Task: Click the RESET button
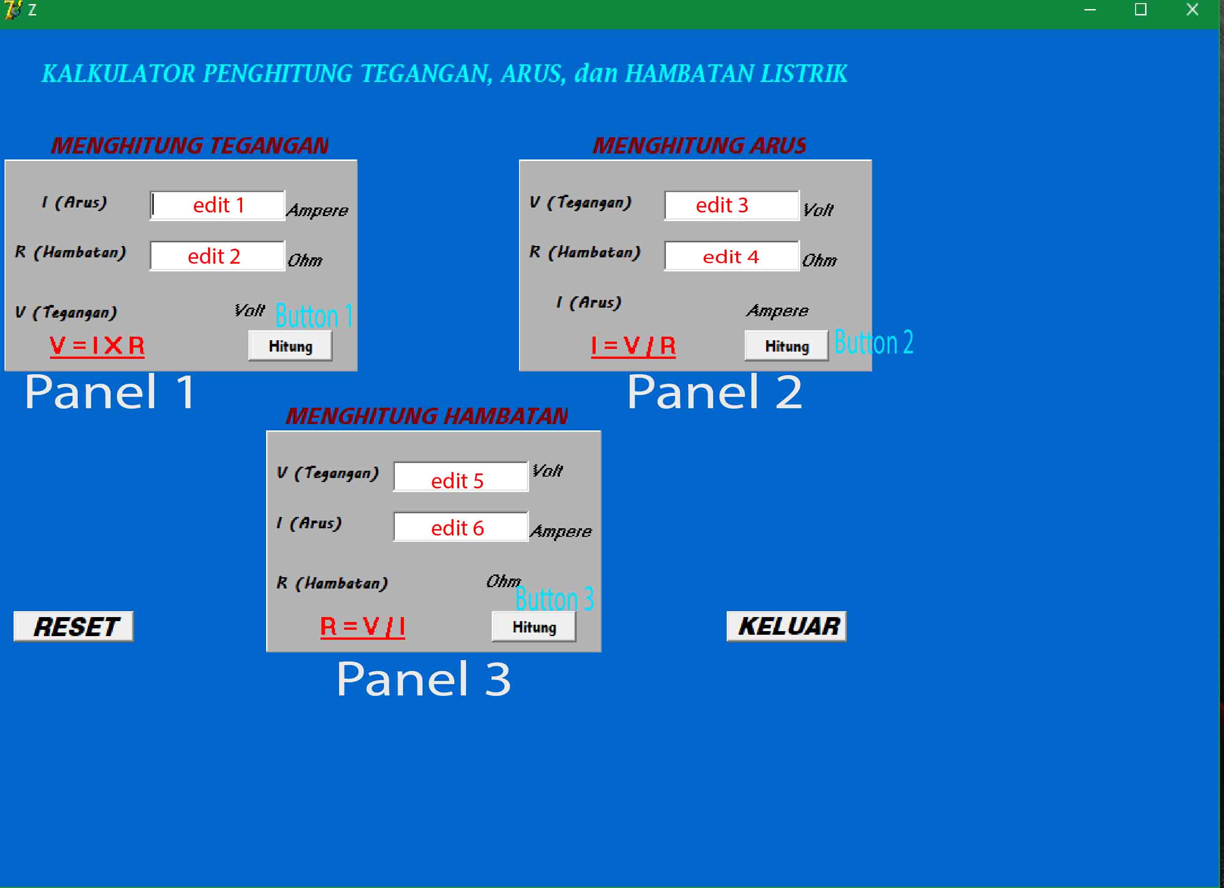73,626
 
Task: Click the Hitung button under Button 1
290,346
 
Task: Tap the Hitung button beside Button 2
787,346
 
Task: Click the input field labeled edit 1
218,206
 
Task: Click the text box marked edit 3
731,206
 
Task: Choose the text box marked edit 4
731,256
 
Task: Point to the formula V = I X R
97,346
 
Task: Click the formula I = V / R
633,346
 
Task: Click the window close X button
1192,10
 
